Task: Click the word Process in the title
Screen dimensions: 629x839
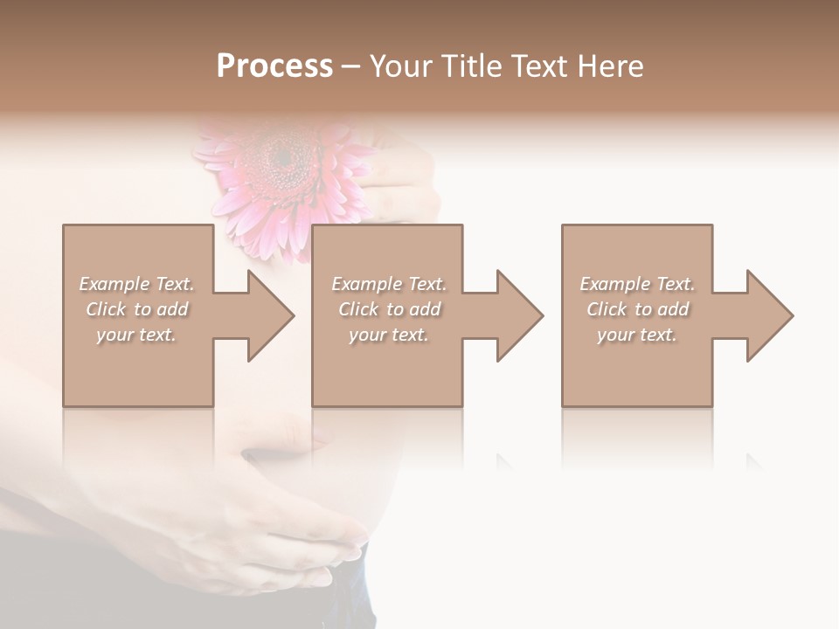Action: [274, 66]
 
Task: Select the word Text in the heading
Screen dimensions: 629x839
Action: [537, 66]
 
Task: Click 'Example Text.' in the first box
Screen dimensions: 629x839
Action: [136, 284]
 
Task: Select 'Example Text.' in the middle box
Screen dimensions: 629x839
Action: [389, 284]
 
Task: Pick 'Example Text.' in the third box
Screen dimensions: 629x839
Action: [637, 284]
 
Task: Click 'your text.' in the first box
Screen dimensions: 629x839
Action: [136, 335]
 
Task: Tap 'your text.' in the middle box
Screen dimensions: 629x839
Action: [389, 335]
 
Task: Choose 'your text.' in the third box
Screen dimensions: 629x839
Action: [637, 335]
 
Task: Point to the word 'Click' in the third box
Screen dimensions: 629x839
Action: [607, 309]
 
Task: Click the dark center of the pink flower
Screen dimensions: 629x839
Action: [282, 156]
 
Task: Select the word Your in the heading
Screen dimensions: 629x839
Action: [398, 66]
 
